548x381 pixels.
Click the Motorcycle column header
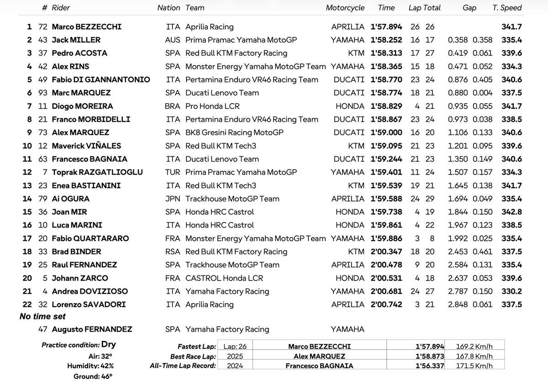345,8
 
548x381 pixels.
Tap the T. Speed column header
507,8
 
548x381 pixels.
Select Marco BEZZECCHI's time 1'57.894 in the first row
386,27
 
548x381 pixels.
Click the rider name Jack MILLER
76,40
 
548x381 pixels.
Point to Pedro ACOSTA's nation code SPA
173,53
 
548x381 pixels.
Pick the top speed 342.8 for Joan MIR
511,212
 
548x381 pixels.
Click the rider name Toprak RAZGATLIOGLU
97,172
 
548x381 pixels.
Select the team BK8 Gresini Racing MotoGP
234,132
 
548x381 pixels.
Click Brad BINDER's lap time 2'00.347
386,252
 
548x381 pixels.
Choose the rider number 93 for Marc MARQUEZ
43,93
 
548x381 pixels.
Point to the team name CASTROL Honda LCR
224,278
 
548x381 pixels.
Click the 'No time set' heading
42,317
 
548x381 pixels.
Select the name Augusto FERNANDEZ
92,329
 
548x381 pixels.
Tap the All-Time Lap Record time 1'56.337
430,366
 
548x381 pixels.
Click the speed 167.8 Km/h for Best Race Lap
474,356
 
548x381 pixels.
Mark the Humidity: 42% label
90,366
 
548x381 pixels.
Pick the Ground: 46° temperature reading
93,376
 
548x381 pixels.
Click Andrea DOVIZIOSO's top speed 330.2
511,291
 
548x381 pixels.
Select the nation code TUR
173,172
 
